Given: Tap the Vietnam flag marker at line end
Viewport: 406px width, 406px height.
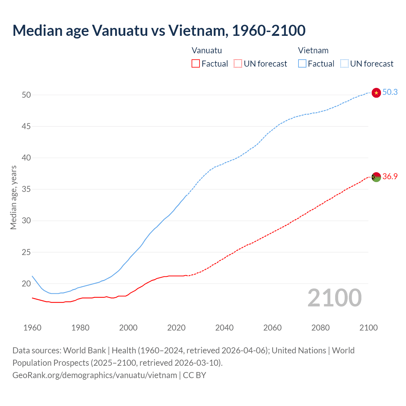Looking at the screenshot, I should pyautogui.click(x=376, y=93).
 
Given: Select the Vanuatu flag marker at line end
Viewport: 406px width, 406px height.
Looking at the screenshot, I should pyautogui.click(x=376, y=177).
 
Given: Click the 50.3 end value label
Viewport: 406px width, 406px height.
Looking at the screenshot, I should pyautogui.click(x=390, y=92).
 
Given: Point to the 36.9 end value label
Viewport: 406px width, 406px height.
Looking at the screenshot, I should pyautogui.click(x=390, y=176).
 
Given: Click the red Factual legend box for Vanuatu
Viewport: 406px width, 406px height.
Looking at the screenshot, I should pyautogui.click(x=196, y=64).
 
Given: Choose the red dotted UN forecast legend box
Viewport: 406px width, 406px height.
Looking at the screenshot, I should pyautogui.click(x=238, y=64).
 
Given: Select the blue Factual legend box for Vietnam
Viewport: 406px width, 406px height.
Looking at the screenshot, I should pyautogui.click(x=302, y=64).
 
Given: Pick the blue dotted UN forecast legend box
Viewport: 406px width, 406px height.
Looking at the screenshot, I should pyautogui.click(x=344, y=64).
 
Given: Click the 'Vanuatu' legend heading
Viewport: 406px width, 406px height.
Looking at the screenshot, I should pyautogui.click(x=207, y=50).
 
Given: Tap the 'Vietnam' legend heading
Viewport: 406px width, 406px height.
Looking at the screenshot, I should pyautogui.click(x=313, y=50).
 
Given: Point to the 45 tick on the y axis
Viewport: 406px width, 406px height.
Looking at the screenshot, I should pyautogui.click(x=26, y=126).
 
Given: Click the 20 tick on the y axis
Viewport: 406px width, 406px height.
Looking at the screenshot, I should pyautogui.click(x=26, y=284).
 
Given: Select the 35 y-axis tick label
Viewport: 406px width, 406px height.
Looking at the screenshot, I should pyautogui.click(x=26, y=189).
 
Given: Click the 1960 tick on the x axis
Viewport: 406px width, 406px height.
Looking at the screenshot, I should pyautogui.click(x=32, y=328).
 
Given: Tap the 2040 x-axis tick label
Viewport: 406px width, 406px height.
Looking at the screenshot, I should pyautogui.click(x=224, y=328).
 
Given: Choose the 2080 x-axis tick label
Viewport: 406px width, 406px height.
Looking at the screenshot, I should pyautogui.click(x=320, y=328).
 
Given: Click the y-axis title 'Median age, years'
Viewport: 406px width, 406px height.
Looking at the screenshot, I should pyautogui.click(x=13, y=197).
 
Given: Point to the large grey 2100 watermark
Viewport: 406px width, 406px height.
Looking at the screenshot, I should pyautogui.click(x=335, y=298).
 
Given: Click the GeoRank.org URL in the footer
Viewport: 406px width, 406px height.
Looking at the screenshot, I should pyautogui.click(x=95, y=375).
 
